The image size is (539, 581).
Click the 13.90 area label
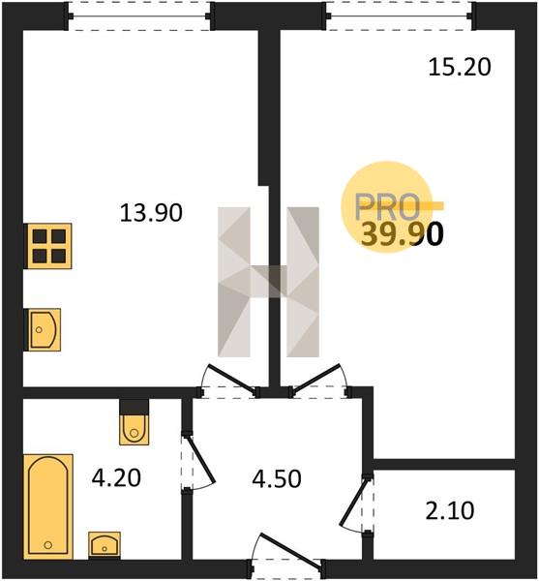[151, 213]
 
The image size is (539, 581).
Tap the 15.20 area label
[460, 68]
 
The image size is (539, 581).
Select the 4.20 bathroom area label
[116, 477]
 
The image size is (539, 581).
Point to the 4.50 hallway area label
[277, 478]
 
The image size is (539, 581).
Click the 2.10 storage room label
[450, 510]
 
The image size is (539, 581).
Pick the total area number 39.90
[402, 235]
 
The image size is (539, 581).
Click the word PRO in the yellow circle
[387, 206]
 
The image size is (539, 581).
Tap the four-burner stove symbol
[47, 246]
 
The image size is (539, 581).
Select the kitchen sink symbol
[43, 330]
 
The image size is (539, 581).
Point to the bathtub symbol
[48, 506]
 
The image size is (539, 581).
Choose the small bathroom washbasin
[105, 545]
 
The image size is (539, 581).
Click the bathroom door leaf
[201, 459]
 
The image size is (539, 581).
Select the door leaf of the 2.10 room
[354, 502]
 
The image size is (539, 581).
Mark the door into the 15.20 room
[316, 378]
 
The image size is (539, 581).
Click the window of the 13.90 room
[139, 16]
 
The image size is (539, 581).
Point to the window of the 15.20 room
[399, 15]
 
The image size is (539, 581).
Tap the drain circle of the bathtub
[47, 544]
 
